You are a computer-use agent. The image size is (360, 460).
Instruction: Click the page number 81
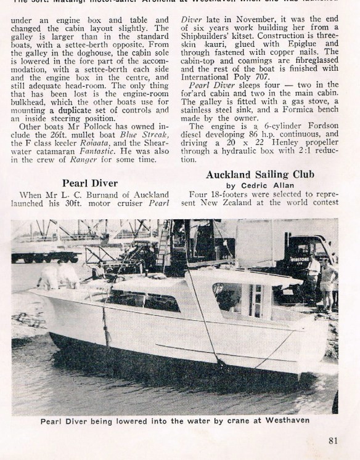333,440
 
